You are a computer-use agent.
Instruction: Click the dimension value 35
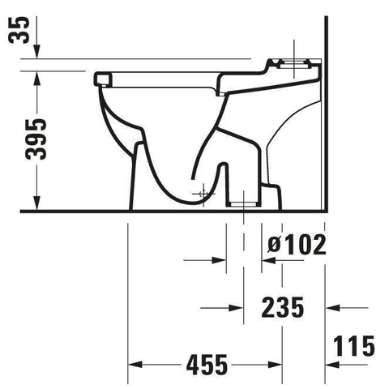click(x=19, y=30)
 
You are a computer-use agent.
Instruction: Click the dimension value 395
click(x=36, y=139)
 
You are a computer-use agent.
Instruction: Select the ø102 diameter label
click(x=297, y=245)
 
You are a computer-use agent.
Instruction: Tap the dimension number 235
click(x=283, y=307)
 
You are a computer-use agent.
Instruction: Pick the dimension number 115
click(x=354, y=346)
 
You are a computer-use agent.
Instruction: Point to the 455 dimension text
click(x=207, y=365)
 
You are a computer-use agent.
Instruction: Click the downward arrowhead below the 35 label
click(x=37, y=51)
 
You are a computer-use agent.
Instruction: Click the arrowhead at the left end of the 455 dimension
click(x=135, y=365)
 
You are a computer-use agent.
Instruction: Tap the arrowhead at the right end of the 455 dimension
click(x=275, y=365)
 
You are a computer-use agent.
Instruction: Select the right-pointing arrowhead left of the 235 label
click(x=236, y=308)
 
